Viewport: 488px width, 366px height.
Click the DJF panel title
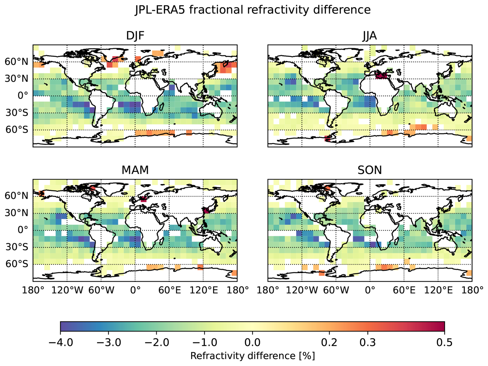[x=135, y=36]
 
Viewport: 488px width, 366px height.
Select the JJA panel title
[x=370, y=36]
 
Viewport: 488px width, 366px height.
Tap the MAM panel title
[x=135, y=170]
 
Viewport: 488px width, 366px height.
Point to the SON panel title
[x=370, y=170]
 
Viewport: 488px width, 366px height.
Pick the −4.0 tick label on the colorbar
[x=61, y=342]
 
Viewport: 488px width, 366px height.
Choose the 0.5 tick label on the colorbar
[x=444, y=342]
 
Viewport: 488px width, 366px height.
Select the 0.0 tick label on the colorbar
[x=252, y=342]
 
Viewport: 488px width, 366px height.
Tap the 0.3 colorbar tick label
[x=368, y=342]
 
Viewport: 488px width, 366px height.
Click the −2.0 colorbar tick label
[x=157, y=342]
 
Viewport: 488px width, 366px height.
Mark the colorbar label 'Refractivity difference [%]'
[x=253, y=356]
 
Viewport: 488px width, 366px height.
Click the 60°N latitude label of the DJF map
[x=16, y=62]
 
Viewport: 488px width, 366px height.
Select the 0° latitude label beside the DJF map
[x=23, y=95]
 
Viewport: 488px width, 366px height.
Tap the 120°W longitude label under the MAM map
[x=67, y=290]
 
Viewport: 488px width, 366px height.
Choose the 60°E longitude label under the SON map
[x=404, y=290]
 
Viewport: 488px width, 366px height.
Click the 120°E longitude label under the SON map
[x=438, y=290]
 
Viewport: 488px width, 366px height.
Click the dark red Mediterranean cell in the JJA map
[x=381, y=76]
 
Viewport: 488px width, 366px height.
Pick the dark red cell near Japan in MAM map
[x=206, y=210]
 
